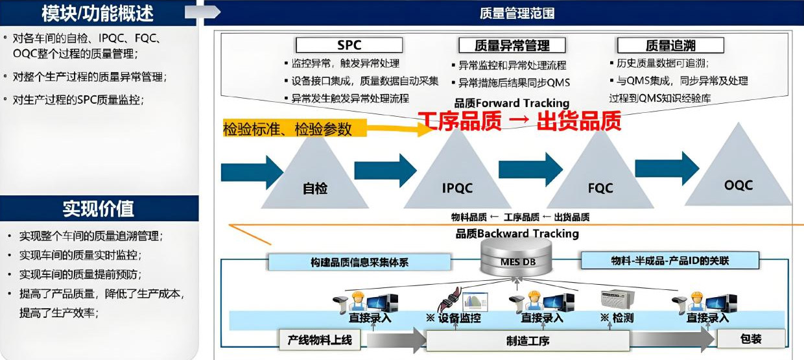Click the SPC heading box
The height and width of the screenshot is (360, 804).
pyautogui.click(x=349, y=45)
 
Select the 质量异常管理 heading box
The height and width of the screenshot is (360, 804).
pyautogui.click(x=512, y=45)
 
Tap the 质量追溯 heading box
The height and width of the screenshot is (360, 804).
pyautogui.click(x=670, y=45)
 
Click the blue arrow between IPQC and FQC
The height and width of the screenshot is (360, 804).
pyautogui.click(x=530, y=169)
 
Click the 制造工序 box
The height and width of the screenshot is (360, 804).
pyautogui.click(x=528, y=340)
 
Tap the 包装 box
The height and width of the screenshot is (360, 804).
pyautogui.click(x=750, y=339)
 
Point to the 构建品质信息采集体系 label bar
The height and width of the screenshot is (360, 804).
pyautogui.click(x=359, y=262)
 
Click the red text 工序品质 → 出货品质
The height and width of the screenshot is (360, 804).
pyautogui.click(x=519, y=121)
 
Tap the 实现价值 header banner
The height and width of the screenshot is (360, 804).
pyautogui.click(x=99, y=208)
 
